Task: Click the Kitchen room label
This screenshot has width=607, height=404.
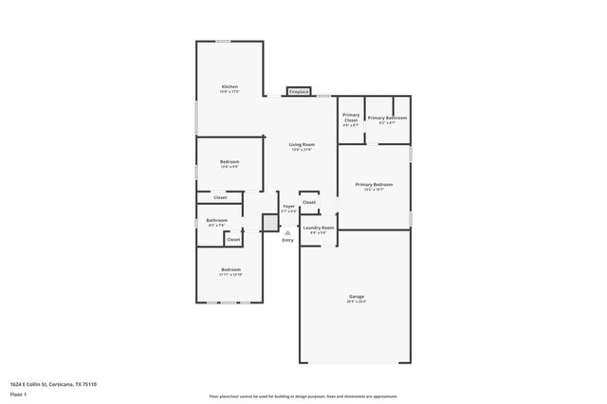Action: click(x=230, y=86)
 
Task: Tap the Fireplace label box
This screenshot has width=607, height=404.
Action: click(x=300, y=92)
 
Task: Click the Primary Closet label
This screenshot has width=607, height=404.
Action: click(x=351, y=118)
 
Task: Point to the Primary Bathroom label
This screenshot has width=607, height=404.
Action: click(x=388, y=118)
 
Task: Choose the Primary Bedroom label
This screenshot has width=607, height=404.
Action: click(x=374, y=183)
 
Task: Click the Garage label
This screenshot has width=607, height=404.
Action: click(x=356, y=296)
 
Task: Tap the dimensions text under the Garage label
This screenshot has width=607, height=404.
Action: click(x=356, y=302)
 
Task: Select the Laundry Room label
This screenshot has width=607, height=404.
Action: click(x=318, y=228)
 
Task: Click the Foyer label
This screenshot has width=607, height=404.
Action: click(x=288, y=206)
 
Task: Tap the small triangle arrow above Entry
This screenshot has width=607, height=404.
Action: click(x=287, y=232)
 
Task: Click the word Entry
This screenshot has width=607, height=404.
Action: click(x=287, y=240)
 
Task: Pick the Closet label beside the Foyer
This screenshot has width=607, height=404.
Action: click(x=309, y=202)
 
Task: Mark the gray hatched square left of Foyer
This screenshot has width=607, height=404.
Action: click(x=269, y=222)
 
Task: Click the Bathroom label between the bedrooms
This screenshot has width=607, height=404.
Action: click(x=217, y=220)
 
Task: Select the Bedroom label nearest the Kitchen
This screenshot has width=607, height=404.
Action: click(x=230, y=162)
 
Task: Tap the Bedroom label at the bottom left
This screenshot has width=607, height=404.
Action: click(x=231, y=270)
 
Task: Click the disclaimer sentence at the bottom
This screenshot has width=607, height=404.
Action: click(x=303, y=394)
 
